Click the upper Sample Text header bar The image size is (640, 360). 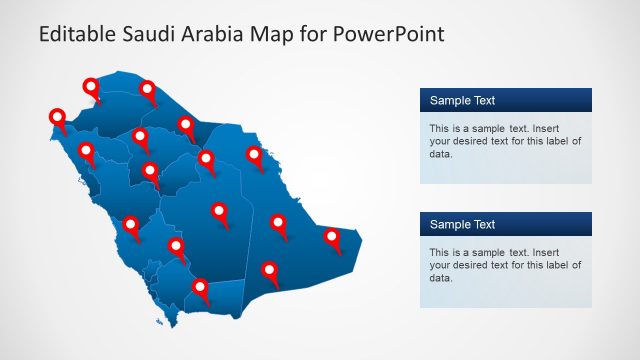click(505, 100)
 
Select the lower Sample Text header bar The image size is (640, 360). click(505, 224)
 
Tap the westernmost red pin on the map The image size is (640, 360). click(57, 118)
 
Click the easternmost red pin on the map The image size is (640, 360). click(332, 238)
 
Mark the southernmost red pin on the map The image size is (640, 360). click(201, 289)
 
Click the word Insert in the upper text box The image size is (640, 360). click(567, 129)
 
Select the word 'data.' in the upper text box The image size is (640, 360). click(441, 154)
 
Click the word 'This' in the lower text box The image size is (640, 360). click(440, 253)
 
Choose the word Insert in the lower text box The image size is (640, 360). click(567, 253)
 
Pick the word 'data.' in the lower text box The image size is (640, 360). click(441, 278)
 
